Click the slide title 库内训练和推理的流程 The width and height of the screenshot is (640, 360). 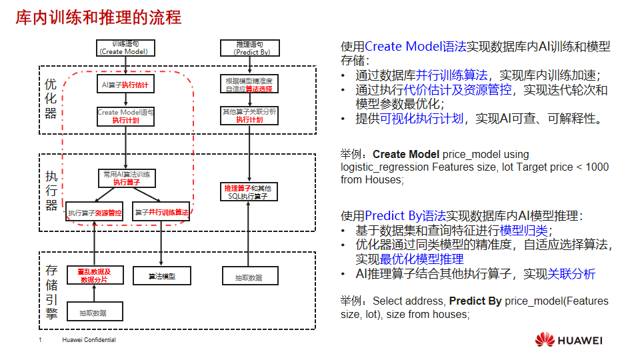99,17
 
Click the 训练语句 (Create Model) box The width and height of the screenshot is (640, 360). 126,48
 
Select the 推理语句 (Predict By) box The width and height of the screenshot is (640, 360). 249,48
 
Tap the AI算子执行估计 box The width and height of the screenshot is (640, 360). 125,85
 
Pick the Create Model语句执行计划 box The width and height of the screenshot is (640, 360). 125,116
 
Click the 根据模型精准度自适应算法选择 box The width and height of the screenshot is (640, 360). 249,85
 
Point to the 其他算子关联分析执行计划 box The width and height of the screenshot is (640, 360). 249,116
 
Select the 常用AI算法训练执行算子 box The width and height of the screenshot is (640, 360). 126,177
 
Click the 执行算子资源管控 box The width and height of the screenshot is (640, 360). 94,213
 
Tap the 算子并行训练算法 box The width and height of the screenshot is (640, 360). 161,213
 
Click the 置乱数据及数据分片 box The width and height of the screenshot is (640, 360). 94,275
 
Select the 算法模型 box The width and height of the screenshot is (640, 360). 161,276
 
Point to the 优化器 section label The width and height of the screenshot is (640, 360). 51,99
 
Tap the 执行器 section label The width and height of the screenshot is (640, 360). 51,191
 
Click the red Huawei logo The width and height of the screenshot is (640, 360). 545,340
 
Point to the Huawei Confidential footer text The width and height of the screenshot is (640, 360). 89,340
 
